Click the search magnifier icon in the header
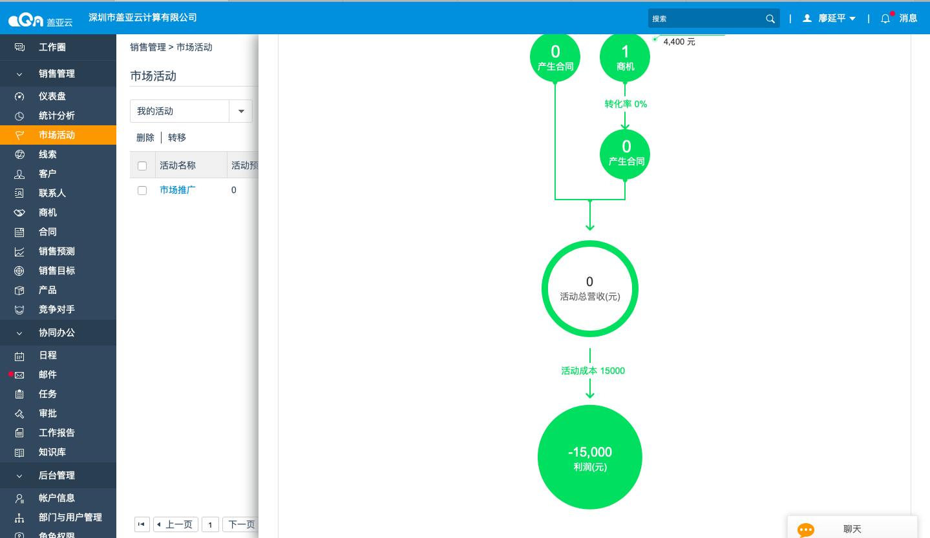(x=770, y=19)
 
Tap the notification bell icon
(x=885, y=19)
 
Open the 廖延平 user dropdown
(x=829, y=18)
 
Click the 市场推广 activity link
(x=177, y=190)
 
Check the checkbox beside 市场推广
(x=142, y=191)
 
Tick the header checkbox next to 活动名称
(x=142, y=166)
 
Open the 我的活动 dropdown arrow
(x=241, y=111)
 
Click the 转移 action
(x=177, y=138)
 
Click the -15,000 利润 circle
(x=589, y=457)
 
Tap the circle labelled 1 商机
(x=625, y=57)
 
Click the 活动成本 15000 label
(x=593, y=371)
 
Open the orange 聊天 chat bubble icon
(x=806, y=530)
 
